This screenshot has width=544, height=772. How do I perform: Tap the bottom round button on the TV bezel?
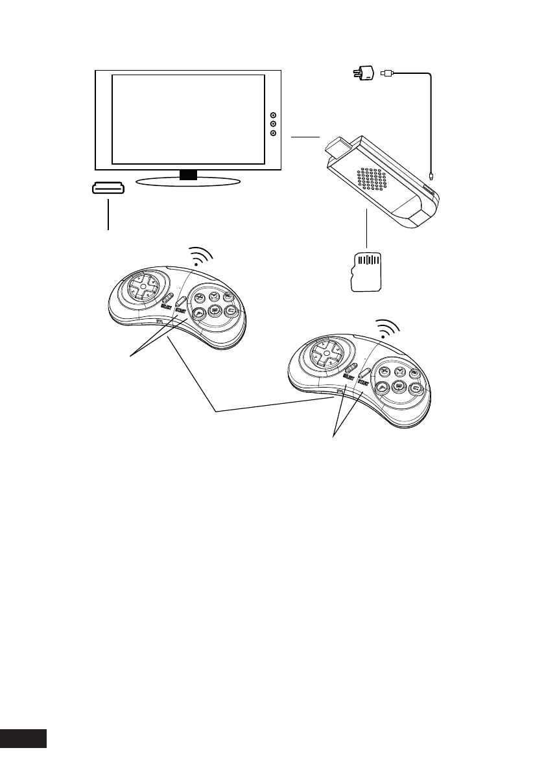273,133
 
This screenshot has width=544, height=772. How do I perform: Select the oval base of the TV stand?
189,181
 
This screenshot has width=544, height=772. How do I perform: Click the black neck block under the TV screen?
188,174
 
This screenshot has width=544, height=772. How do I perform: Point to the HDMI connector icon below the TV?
107,189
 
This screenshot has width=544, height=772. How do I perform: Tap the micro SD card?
368,272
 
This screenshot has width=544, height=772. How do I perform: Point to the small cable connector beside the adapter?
386,74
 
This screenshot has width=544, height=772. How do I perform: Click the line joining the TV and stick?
305,137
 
